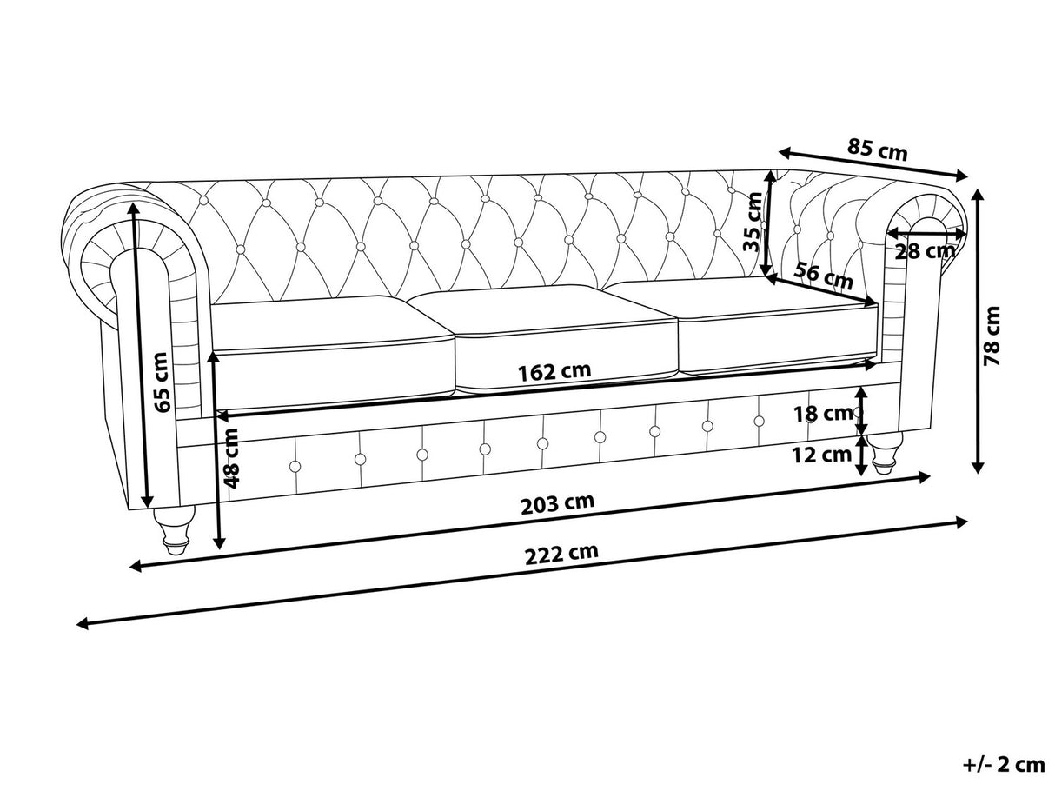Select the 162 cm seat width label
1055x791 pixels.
point(554,371)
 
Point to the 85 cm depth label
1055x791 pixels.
point(877,150)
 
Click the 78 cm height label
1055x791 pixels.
point(992,335)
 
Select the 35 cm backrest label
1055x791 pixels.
point(753,221)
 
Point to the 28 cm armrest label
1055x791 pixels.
point(925,252)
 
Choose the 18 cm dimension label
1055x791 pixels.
point(823,414)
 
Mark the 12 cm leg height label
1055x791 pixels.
point(821,454)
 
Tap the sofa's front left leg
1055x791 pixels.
point(174,529)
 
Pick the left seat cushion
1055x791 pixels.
point(332,339)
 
